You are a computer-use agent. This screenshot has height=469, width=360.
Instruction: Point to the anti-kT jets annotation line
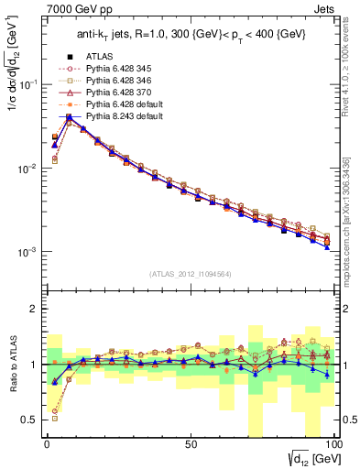click(184, 36)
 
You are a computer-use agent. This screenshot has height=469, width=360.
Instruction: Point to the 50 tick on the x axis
click(191, 443)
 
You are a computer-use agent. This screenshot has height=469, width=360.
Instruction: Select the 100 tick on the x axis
click(333, 443)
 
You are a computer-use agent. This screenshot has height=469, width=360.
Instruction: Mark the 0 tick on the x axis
click(47, 443)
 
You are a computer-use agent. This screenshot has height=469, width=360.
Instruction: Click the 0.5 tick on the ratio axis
click(31, 420)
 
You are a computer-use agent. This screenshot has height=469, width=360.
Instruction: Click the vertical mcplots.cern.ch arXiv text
click(351, 220)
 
